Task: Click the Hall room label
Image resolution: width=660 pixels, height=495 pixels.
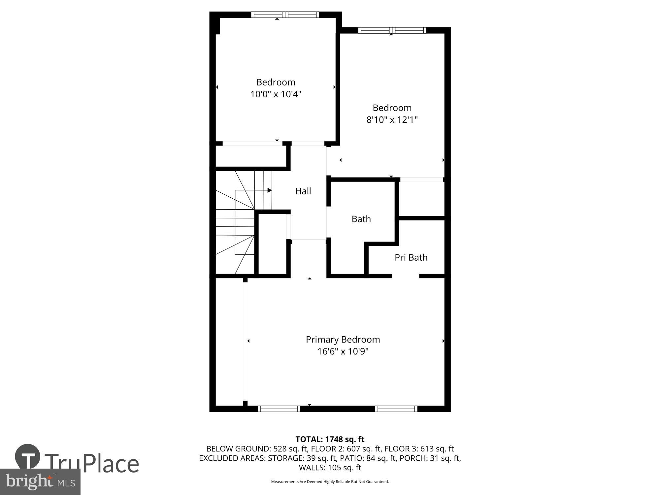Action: click(303, 191)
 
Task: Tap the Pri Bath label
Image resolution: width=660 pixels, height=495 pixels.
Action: click(411, 257)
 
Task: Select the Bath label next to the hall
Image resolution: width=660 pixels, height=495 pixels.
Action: click(361, 219)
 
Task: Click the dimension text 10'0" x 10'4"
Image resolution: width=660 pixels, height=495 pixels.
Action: click(276, 94)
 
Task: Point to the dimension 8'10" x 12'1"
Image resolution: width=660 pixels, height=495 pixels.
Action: click(392, 120)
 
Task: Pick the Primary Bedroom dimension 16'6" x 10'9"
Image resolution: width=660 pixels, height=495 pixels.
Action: click(343, 351)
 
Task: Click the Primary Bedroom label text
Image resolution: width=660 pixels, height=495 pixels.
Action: click(343, 339)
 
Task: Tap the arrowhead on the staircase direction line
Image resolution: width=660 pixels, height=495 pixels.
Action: click(269, 190)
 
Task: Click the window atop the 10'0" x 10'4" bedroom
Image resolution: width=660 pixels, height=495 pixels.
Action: click(285, 15)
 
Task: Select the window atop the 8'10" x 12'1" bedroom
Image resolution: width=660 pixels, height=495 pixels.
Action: click(392, 30)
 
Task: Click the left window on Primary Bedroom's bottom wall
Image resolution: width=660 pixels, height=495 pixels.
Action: click(279, 409)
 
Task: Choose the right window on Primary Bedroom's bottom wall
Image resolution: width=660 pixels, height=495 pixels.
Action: click(396, 409)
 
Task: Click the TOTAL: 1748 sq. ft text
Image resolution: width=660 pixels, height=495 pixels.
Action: click(330, 439)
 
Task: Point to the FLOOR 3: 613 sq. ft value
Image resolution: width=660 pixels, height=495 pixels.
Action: click(419, 449)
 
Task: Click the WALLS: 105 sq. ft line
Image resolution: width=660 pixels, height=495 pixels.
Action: click(330, 468)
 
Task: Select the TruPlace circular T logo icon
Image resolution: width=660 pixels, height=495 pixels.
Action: click(28, 457)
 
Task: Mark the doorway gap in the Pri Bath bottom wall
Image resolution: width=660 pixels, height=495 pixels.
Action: click(406, 276)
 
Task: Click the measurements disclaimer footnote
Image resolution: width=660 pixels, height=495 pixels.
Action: click(330, 482)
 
